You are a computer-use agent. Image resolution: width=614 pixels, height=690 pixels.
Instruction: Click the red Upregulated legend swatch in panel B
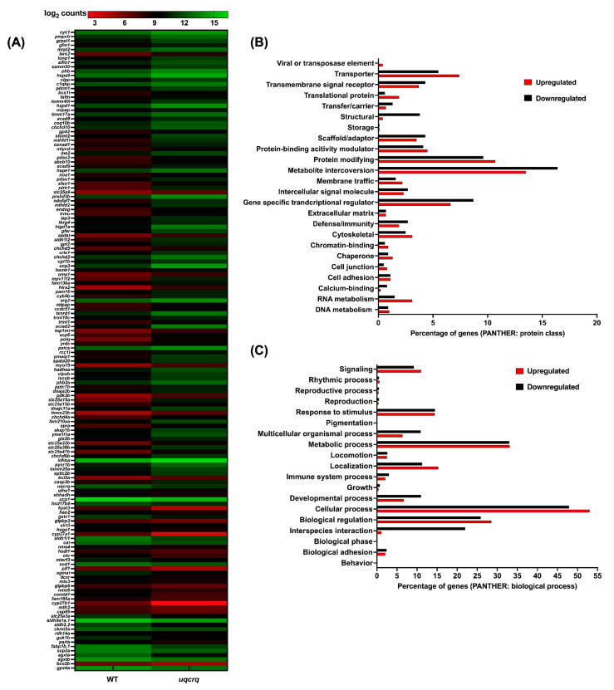pyautogui.click(x=528, y=84)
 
